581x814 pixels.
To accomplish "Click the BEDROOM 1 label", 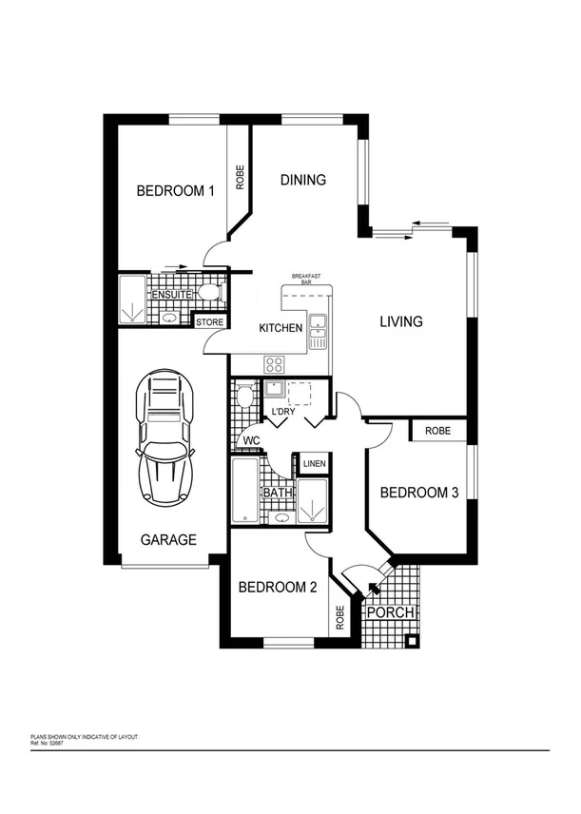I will click(x=175, y=190).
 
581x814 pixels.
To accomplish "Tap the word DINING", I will click(x=303, y=180).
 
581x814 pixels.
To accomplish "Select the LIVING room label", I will click(x=400, y=321).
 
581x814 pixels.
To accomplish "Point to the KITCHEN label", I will click(x=281, y=328).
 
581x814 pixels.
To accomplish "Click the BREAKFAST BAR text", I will click(x=306, y=279).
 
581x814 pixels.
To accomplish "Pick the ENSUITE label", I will click(x=173, y=296).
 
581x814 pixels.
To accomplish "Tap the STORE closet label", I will click(x=209, y=323).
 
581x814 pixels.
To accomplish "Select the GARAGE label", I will click(x=168, y=539).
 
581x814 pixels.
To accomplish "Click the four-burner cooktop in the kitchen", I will click(x=276, y=363).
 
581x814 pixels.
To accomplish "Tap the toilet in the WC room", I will click(x=244, y=394).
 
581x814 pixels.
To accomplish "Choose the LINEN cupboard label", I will click(x=314, y=464).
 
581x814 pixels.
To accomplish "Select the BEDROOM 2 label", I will click(x=277, y=587).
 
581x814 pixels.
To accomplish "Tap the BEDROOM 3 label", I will click(x=419, y=493).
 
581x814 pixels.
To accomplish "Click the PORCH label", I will click(x=390, y=612).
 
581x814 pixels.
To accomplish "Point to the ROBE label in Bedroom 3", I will click(x=437, y=431).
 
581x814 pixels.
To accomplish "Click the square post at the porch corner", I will click(x=411, y=640).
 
